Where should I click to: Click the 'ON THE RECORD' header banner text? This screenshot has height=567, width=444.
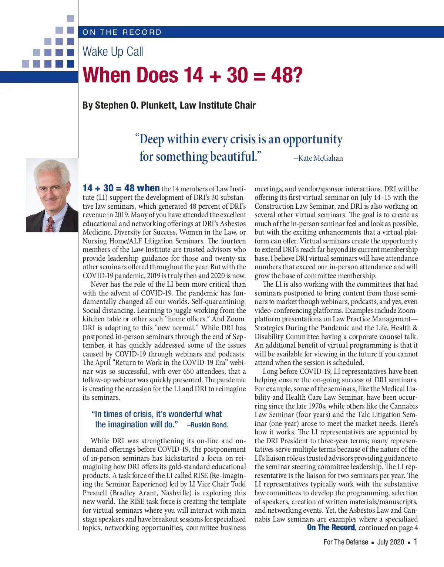coord(122,32)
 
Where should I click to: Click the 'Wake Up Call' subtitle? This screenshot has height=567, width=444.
coord(113,51)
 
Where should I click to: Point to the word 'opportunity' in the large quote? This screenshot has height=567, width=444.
coord(313,140)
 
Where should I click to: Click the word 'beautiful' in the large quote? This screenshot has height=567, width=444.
coord(233,157)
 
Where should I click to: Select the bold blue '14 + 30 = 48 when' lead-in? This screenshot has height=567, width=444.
coord(121,188)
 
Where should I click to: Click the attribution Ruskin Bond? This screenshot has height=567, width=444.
coord(209,425)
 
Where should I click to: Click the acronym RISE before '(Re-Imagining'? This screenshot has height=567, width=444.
coord(201,475)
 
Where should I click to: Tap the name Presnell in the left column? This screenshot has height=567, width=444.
coord(95,493)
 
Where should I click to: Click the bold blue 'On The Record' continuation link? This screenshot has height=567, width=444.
coord(331,527)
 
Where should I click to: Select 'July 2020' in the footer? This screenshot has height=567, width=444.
coord(391,542)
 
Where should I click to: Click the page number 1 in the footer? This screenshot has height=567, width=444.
coord(416,542)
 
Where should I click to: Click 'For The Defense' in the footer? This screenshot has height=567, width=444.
coord(346,542)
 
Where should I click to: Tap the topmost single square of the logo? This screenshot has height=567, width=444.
coord(70,18)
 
